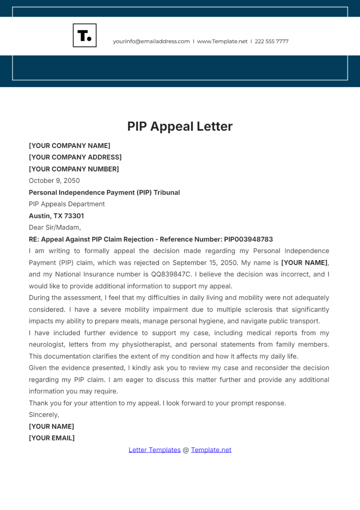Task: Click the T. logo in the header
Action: [85, 35]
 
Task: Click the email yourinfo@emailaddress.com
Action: [151, 41]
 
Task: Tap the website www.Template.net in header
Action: [222, 41]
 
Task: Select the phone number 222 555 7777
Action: [271, 41]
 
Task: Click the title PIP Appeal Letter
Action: [180, 126]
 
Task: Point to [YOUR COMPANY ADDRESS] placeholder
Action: [75, 157]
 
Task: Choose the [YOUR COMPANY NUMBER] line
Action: [74, 169]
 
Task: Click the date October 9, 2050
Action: [54, 181]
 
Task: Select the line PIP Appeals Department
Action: [67, 204]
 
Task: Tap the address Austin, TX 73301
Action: [56, 216]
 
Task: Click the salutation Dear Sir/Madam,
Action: [55, 227]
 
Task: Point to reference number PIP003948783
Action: [248, 239]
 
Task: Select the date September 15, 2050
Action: [205, 263]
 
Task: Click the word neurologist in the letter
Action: [46, 345]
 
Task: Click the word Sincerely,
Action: [44, 415]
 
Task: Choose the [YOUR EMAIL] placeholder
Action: [52, 438]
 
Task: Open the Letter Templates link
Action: [154, 450]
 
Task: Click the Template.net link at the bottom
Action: [211, 450]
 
